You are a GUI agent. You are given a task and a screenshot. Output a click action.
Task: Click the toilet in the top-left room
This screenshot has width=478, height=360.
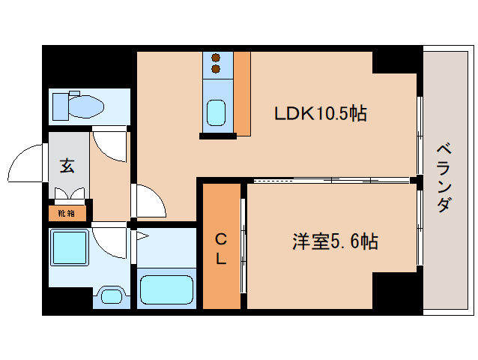[x=81, y=106]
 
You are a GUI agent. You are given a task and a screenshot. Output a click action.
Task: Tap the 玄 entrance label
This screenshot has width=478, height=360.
[x=67, y=166]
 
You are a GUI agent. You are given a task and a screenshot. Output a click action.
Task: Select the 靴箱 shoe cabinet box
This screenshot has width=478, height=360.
[x=67, y=213]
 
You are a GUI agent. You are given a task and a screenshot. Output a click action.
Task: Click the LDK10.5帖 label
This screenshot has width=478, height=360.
[x=320, y=114]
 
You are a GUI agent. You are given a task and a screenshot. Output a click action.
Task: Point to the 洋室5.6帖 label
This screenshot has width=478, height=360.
[x=334, y=241]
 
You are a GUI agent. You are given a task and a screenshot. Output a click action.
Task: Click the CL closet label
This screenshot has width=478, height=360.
[x=222, y=248]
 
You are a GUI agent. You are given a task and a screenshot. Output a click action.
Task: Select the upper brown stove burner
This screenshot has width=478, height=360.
[x=216, y=57]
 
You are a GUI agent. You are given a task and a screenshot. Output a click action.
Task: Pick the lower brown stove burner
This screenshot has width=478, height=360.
[x=216, y=70]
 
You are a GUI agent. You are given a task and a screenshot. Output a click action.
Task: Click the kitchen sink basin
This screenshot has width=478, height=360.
[x=216, y=113]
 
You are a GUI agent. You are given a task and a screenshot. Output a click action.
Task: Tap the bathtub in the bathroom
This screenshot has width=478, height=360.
[x=166, y=289]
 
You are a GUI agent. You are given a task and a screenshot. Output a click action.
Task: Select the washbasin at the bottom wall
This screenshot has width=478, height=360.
[x=110, y=295]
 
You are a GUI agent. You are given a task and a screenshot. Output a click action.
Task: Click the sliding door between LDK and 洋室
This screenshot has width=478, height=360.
[x=330, y=181]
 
